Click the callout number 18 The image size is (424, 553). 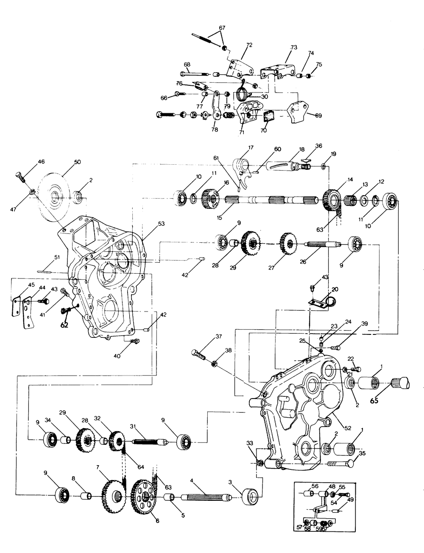(301, 150)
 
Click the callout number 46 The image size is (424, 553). (41, 162)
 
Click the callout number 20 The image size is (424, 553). (335, 289)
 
